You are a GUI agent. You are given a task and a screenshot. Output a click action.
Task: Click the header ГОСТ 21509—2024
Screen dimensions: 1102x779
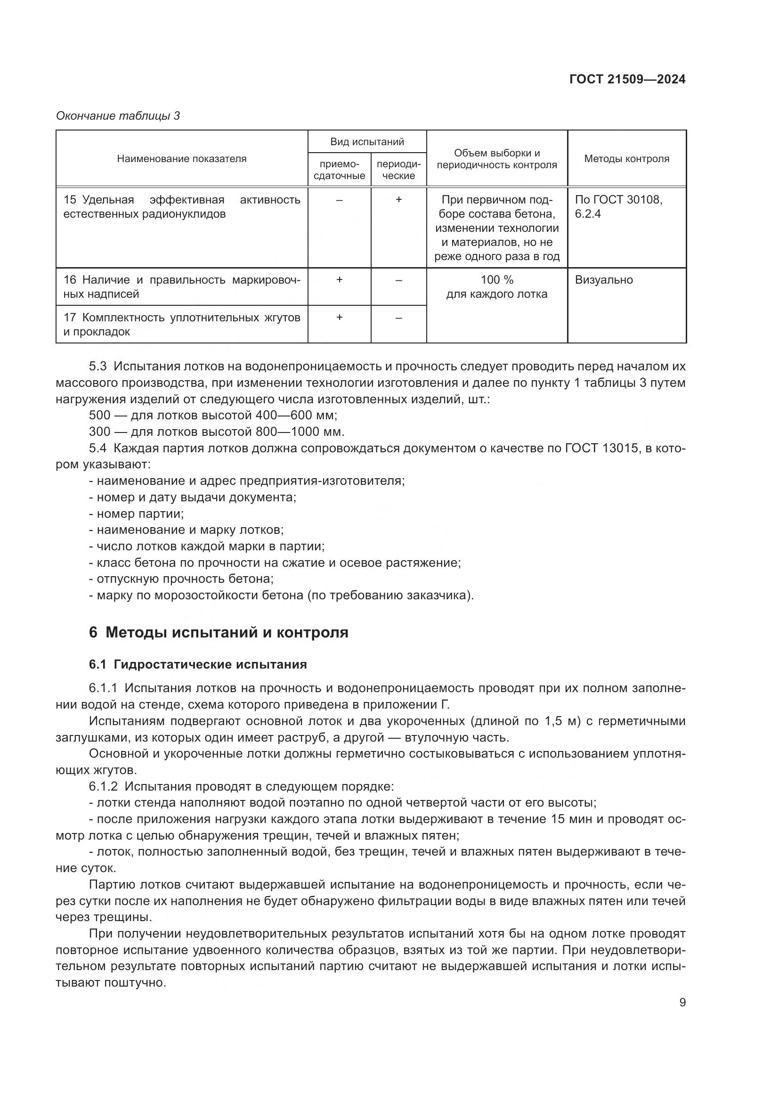[x=627, y=79]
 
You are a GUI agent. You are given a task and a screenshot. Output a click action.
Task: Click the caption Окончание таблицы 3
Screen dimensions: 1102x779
[x=118, y=116]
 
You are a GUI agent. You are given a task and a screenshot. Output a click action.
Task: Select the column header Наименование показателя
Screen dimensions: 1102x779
[x=181, y=159]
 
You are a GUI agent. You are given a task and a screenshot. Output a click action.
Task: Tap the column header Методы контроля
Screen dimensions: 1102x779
[x=626, y=159]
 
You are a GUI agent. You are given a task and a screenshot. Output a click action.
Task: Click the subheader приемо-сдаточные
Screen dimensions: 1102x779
[x=339, y=170]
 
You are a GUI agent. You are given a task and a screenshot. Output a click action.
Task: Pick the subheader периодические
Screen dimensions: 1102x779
[x=398, y=170]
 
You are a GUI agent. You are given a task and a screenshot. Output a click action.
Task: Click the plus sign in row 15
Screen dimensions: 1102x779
[x=398, y=199]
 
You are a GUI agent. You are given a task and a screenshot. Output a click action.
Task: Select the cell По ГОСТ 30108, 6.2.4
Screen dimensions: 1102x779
[x=618, y=206]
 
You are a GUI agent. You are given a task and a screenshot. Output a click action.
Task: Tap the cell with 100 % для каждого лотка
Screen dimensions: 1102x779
[x=496, y=286]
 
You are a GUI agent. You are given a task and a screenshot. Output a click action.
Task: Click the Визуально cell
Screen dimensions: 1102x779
[x=603, y=280]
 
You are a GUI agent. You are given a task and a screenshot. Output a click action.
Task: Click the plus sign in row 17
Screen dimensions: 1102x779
[x=339, y=317]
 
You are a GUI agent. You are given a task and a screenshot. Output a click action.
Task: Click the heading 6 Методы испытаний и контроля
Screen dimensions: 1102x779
[x=218, y=632]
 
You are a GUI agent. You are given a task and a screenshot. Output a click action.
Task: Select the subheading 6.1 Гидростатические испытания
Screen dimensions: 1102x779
[x=198, y=664]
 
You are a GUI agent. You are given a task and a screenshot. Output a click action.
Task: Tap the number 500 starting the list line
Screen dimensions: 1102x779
[x=99, y=415]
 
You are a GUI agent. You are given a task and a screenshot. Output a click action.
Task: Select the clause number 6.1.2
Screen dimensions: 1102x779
[x=103, y=786]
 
